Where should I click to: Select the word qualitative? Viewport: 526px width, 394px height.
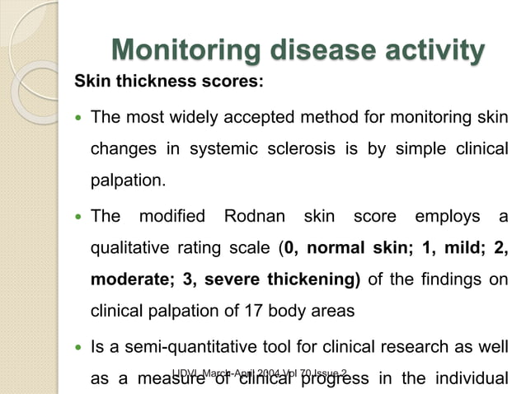[129, 248]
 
